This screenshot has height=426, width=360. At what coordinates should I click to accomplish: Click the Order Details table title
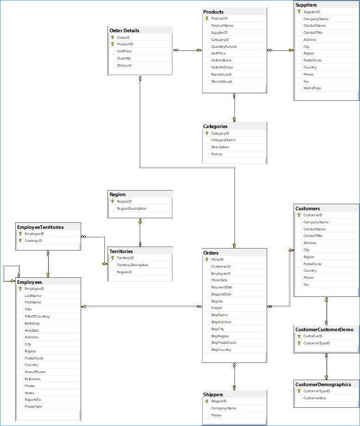(125, 31)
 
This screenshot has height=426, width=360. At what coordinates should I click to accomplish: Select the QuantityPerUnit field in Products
(224, 46)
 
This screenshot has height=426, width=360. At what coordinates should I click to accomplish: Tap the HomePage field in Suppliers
(312, 88)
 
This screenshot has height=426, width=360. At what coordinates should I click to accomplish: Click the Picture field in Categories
(217, 154)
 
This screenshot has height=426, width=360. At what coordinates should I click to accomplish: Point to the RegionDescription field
(132, 208)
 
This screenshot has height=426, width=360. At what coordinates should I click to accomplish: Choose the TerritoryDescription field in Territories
(133, 265)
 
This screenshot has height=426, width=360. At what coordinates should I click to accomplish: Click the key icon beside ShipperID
(207, 401)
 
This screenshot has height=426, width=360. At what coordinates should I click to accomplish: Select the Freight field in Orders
(216, 308)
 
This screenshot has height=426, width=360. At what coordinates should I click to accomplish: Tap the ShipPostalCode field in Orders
(223, 343)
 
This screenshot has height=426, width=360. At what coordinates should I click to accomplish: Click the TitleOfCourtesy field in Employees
(37, 317)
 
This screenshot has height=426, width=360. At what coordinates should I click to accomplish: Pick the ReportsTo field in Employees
(33, 400)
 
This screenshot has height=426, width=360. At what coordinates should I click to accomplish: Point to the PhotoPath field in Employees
(33, 406)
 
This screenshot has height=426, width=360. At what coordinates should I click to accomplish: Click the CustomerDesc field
(315, 398)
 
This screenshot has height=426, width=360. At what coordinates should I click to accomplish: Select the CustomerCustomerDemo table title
(324, 330)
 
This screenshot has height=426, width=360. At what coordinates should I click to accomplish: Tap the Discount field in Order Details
(124, 66)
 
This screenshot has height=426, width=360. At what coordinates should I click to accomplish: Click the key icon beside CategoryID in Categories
(207, 134)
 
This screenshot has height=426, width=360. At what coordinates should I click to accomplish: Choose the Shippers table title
(213, 395)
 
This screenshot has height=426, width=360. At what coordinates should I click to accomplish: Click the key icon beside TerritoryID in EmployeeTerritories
(20, 241)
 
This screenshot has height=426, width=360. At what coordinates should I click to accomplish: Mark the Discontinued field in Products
(221, 82)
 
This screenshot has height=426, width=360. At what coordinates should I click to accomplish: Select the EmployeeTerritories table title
(40, 227)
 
